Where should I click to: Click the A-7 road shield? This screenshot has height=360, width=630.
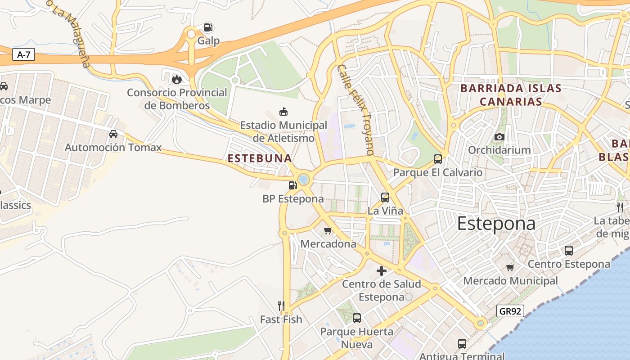tap(23, 55)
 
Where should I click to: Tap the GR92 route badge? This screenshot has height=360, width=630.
tap(511, 311)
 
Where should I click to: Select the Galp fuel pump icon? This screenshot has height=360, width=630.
tap(208, 27)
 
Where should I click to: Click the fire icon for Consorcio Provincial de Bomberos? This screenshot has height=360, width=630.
tap(177, 79)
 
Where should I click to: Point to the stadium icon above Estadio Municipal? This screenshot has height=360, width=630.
tap(283, 112)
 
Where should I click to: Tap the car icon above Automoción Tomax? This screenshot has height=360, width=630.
tap(113, 134)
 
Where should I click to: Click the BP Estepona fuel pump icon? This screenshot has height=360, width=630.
tap(292, 185)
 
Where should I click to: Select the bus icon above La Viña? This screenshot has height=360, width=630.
tap(385, 197)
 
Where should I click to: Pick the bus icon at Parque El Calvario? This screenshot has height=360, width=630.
tap(438, 159)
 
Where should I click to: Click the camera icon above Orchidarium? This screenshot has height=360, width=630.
tap(499, 137)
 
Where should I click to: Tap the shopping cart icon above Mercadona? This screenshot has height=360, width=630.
tap(328, 231)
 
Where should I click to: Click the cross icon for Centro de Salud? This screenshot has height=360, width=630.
tap(382, 271)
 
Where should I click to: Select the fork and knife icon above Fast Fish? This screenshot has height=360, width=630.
tap(281, 306)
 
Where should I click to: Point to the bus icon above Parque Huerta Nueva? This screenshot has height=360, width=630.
tap(357, 318)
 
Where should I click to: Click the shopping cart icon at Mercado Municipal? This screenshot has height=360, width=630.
tap(510, 268)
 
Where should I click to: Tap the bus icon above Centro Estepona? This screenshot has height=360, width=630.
tap(569, 251)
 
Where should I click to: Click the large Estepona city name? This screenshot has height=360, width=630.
tap(496, 224)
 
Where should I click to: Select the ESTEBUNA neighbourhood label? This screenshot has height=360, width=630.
tap(260, 158)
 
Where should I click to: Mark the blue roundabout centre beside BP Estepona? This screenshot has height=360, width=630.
tap(304, 180)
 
